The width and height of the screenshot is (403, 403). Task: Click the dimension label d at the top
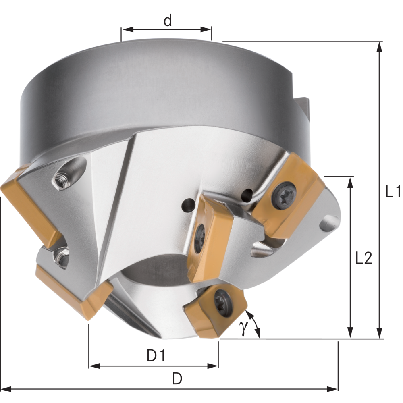(168, 20)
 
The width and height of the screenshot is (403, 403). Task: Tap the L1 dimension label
(393, 191)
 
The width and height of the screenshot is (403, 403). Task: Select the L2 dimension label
(364, 258)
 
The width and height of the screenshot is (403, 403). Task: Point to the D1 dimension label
(156, 356)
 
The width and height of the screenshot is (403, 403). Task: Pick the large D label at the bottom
(177, 378)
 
